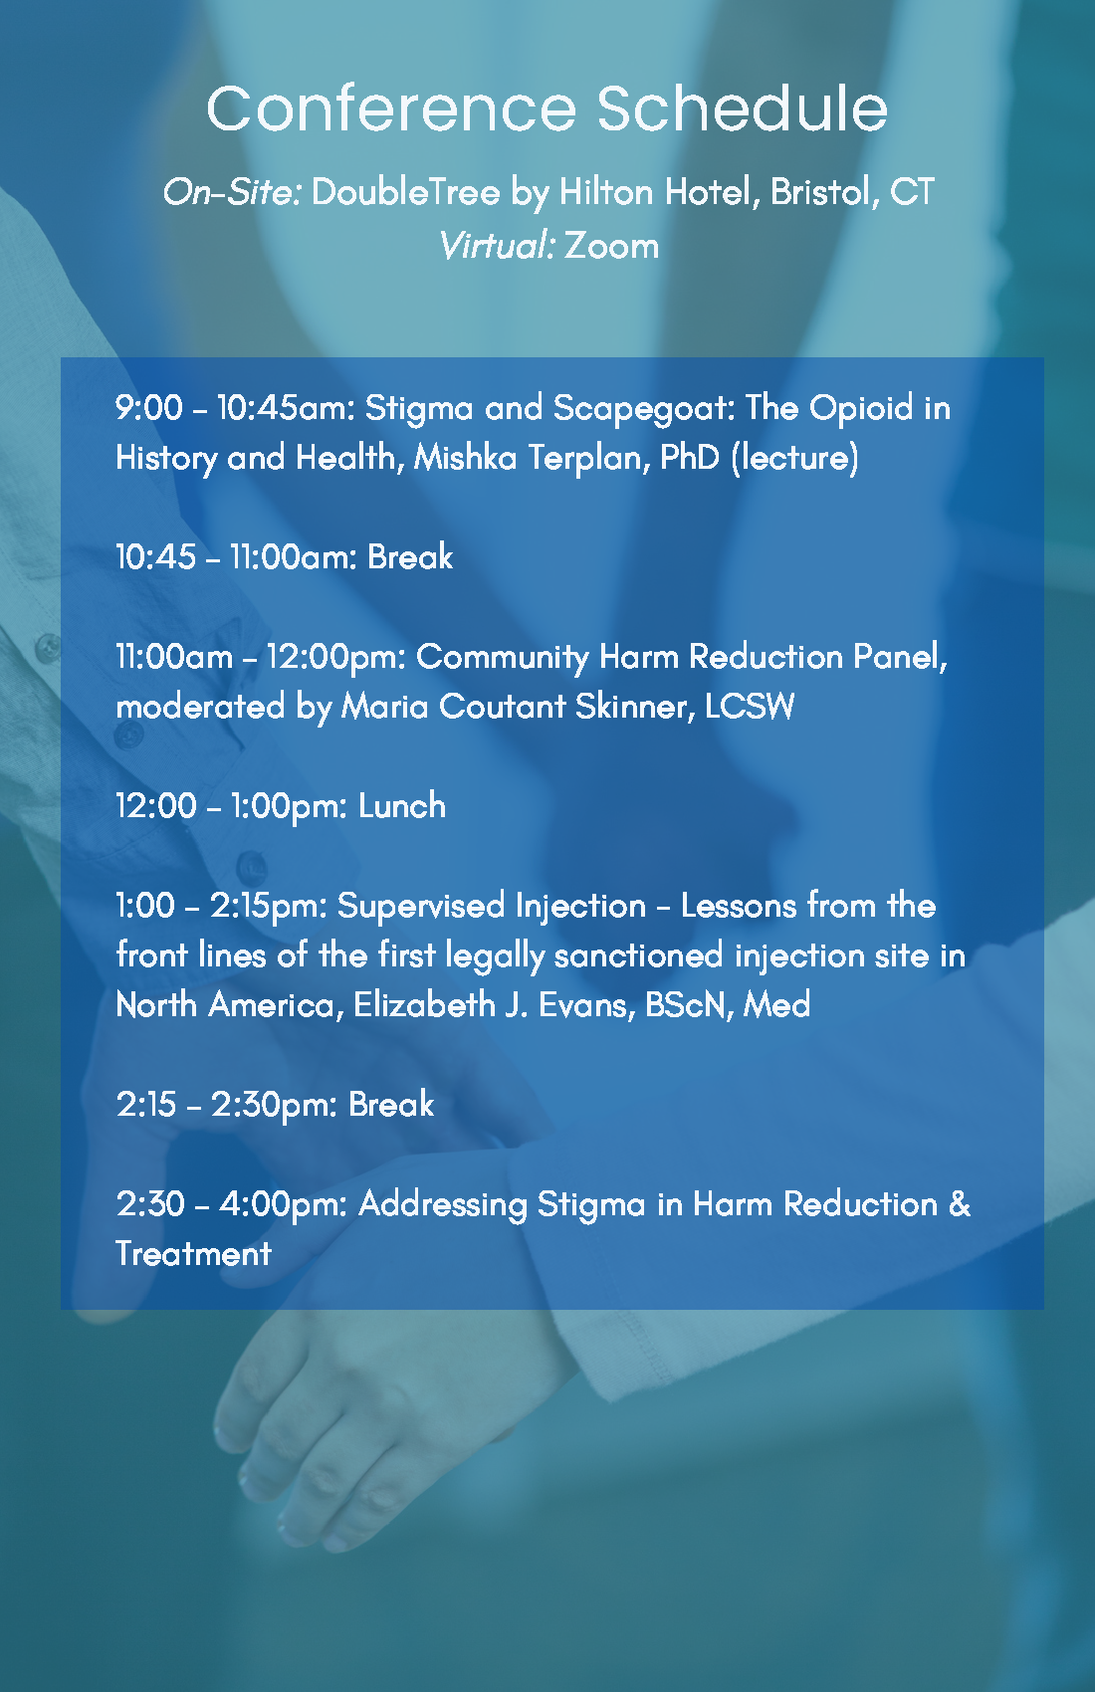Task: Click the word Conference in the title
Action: click(391, 108)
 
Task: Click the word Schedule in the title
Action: click(742, 108)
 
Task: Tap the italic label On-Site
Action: click(232, 192)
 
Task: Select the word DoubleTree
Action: click(406, 192)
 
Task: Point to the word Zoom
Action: click(611, 246)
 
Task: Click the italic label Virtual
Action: click(498, 246)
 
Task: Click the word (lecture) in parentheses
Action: click(794, 459)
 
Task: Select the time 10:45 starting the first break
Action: click(155, 556)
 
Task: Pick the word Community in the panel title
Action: click(502, 657)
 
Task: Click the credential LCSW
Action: click(749, 707)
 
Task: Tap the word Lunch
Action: click(402, 806)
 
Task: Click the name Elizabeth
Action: click(424, 1005)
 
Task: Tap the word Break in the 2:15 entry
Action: click(391, 1105)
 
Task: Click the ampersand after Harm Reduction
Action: click(960, 1203)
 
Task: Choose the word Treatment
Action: click(193, 1254)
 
